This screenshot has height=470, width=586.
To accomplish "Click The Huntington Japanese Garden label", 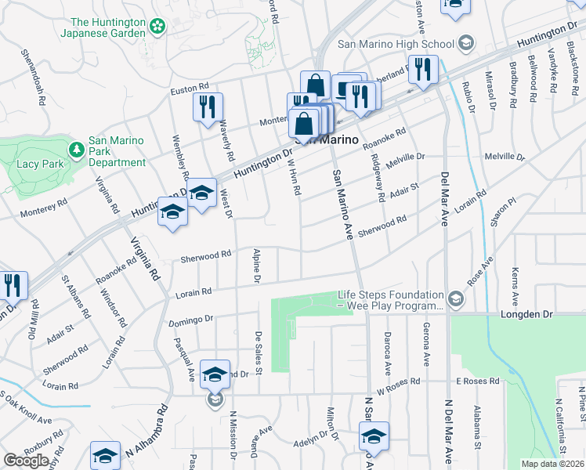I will pos(108,28).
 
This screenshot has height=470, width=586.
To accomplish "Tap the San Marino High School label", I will pos(396,44).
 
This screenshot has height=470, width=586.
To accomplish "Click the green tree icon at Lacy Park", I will pos(77,149).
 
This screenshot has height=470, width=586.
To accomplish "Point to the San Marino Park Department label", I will pos(116,151).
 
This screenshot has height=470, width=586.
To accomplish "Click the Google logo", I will pos(26,461).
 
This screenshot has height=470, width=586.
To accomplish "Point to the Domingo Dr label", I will pos(191,320).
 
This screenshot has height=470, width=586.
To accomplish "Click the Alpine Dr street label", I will pos(256,266).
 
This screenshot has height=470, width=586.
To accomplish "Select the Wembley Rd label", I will pos(181,154).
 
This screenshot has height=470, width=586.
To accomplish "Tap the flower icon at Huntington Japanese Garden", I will pos(157,27).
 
